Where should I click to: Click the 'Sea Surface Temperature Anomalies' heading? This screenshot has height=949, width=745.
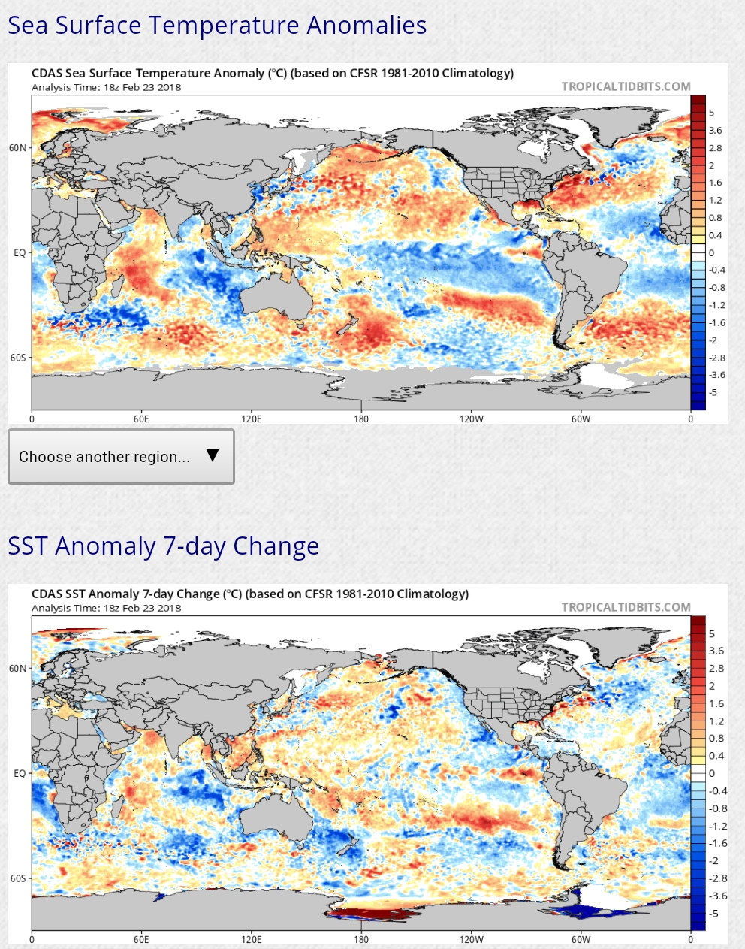tap(217, 26)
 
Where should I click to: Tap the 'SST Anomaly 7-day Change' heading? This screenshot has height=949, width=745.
tap(163, 546)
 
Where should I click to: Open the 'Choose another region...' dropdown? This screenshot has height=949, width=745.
tap(121, 457)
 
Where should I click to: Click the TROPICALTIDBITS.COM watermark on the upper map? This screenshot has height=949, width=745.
tap(626, 86)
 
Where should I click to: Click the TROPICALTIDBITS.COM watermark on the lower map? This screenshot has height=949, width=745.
tap(626, 607)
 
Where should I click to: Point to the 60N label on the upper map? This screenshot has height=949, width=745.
tap(18, 148)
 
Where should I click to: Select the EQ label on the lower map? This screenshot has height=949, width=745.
tap(20, 773)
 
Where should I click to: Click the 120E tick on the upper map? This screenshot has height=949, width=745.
tap(252, 419)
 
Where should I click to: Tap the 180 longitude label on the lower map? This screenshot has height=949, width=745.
tap(361, 939)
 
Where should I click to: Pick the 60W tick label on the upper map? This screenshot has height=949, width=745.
tap(581, 419)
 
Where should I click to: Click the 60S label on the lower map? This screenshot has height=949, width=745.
tap(18, 878)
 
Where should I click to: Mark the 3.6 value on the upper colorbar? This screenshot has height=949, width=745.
tap(716, 131)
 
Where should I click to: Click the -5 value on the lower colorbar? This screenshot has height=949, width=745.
tap(713, 914)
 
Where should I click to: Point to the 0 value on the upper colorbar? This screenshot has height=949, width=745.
tap(712, 253)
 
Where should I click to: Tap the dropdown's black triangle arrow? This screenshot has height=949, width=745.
tap(213, 455)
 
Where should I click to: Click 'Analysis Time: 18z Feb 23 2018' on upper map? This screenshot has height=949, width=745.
tap(106, 87)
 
